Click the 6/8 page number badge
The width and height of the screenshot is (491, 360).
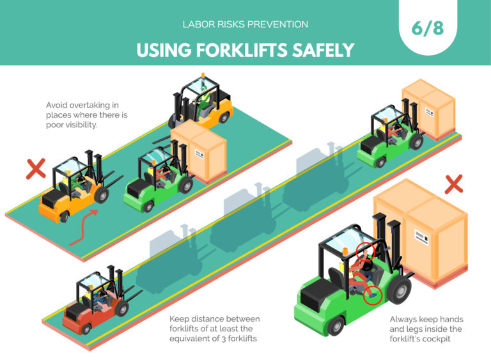point(426,29)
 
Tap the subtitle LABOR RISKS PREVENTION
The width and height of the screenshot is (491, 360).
point(245,24)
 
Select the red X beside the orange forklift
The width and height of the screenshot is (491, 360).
point(35,169)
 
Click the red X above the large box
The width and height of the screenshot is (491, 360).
point(453,184)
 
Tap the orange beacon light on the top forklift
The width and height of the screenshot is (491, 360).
point(204,79)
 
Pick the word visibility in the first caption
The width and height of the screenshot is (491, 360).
point(79,125)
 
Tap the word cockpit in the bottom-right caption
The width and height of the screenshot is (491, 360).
point(435,338)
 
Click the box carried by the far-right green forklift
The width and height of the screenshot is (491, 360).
point(428,106)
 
